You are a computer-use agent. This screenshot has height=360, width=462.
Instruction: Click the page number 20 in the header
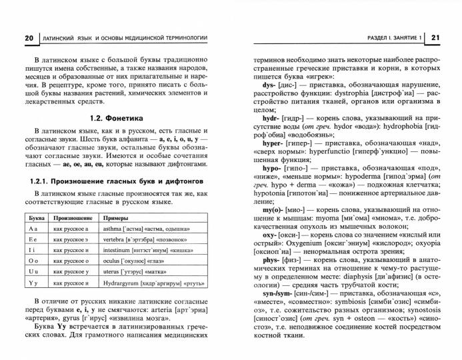tap(28, 37)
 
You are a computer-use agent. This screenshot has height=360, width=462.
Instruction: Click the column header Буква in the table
tap(35, 217)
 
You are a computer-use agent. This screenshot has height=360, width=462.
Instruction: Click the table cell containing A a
tap(35, 228)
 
